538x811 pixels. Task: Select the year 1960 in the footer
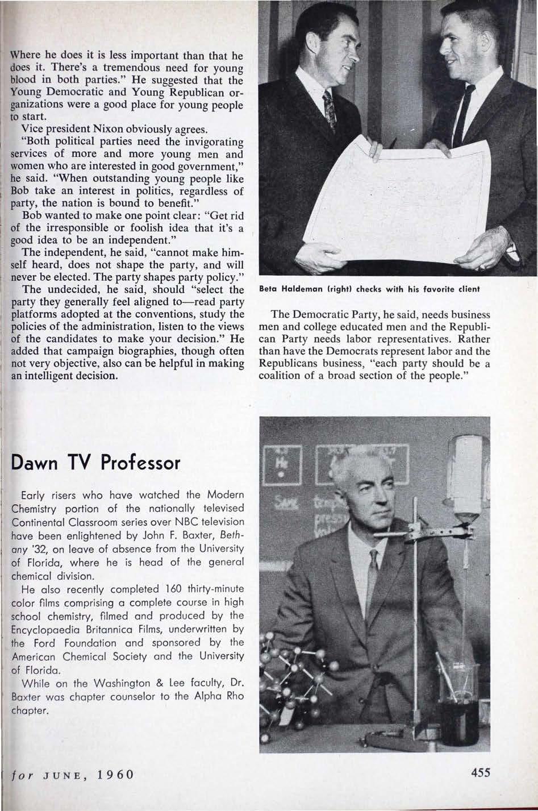coord(114,775)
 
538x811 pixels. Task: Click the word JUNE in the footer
coord(63,775)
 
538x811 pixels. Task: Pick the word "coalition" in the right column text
coord(280,376)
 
